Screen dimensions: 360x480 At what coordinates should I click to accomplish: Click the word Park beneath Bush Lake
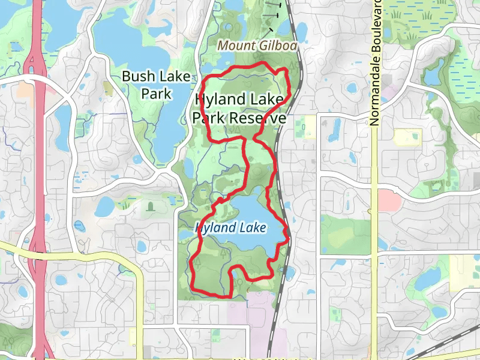point(157,94)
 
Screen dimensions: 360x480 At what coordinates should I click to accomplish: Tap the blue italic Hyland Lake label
point(230,229)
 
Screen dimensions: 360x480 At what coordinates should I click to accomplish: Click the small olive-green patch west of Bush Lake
point(108,89)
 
